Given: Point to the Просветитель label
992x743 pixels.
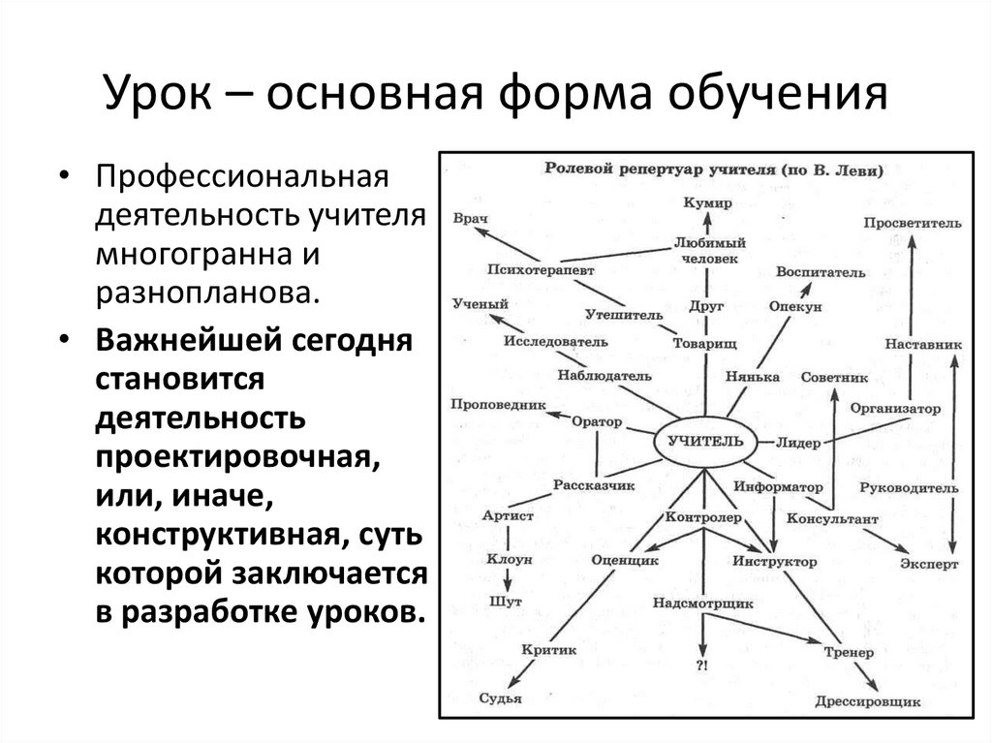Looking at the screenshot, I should (913, 223).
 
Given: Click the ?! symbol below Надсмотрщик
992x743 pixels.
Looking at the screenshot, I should (702, 666).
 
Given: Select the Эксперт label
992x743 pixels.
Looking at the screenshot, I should (929, 562).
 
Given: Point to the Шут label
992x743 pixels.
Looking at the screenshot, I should (507, 602).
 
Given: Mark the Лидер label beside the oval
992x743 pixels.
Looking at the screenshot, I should (798, 443).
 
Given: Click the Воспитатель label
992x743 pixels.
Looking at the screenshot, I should (820, 272).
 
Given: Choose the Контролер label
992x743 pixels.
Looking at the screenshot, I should (702, 517).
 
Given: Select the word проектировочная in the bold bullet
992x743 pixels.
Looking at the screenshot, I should (233, 456).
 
